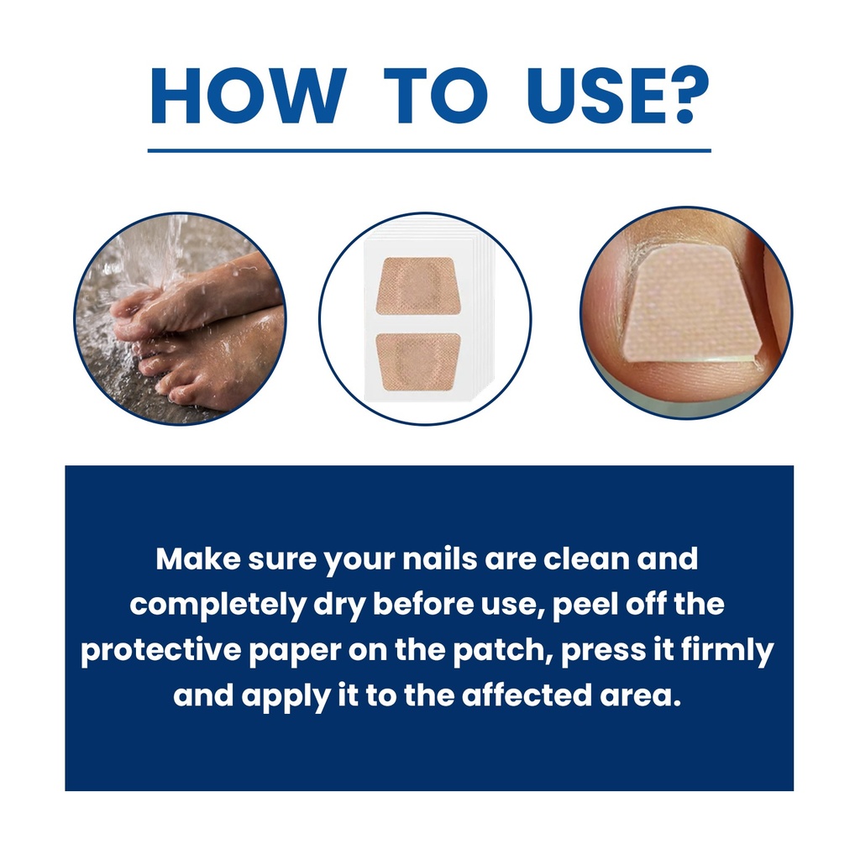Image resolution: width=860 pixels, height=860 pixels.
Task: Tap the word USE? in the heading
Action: pyautogui.click(x=618, y=96)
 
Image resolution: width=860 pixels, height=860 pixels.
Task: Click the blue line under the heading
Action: pyautogui.click(x=429, y=150)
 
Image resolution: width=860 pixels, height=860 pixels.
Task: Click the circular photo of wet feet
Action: pyautogui.click(x=180, y=318)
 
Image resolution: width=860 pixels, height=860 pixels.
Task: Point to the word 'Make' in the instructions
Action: pyautogui.click(x=198, y=558)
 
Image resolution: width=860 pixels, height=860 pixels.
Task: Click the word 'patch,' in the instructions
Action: pyautogui.click(x=503, y=651)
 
